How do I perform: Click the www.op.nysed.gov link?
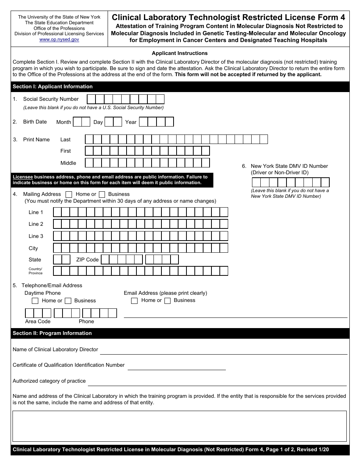(x=59, y=39)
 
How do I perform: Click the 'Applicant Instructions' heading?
(x=180, y=53)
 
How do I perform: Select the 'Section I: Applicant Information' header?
(x=53, y=86)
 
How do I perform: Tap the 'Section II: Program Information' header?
(x=52, y=333)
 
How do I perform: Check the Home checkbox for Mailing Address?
(x=69, y=194)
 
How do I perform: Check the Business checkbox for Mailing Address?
(x=102, y=194)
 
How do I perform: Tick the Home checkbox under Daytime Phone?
(x=35, y=301)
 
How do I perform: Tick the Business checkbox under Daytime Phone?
(x=68, y=301)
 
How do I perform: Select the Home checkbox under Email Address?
(x=134, y=301)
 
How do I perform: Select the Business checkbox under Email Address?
(x=167, y=301)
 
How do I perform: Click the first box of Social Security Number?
(x=91, y=99)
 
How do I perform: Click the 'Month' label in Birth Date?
(x=64, y=122)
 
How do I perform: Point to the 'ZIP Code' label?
(x=87, y=260)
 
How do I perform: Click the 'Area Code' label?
(x=38, y=321)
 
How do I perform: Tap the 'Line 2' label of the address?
(x=36, y=224)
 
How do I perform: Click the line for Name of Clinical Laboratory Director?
(x=224, y=351)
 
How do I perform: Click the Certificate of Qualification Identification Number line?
(x=177, y=366)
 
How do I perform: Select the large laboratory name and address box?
(x=180, y=426)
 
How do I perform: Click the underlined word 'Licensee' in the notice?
(x=23, y=177)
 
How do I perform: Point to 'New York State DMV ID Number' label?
(x=289, y=166)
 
